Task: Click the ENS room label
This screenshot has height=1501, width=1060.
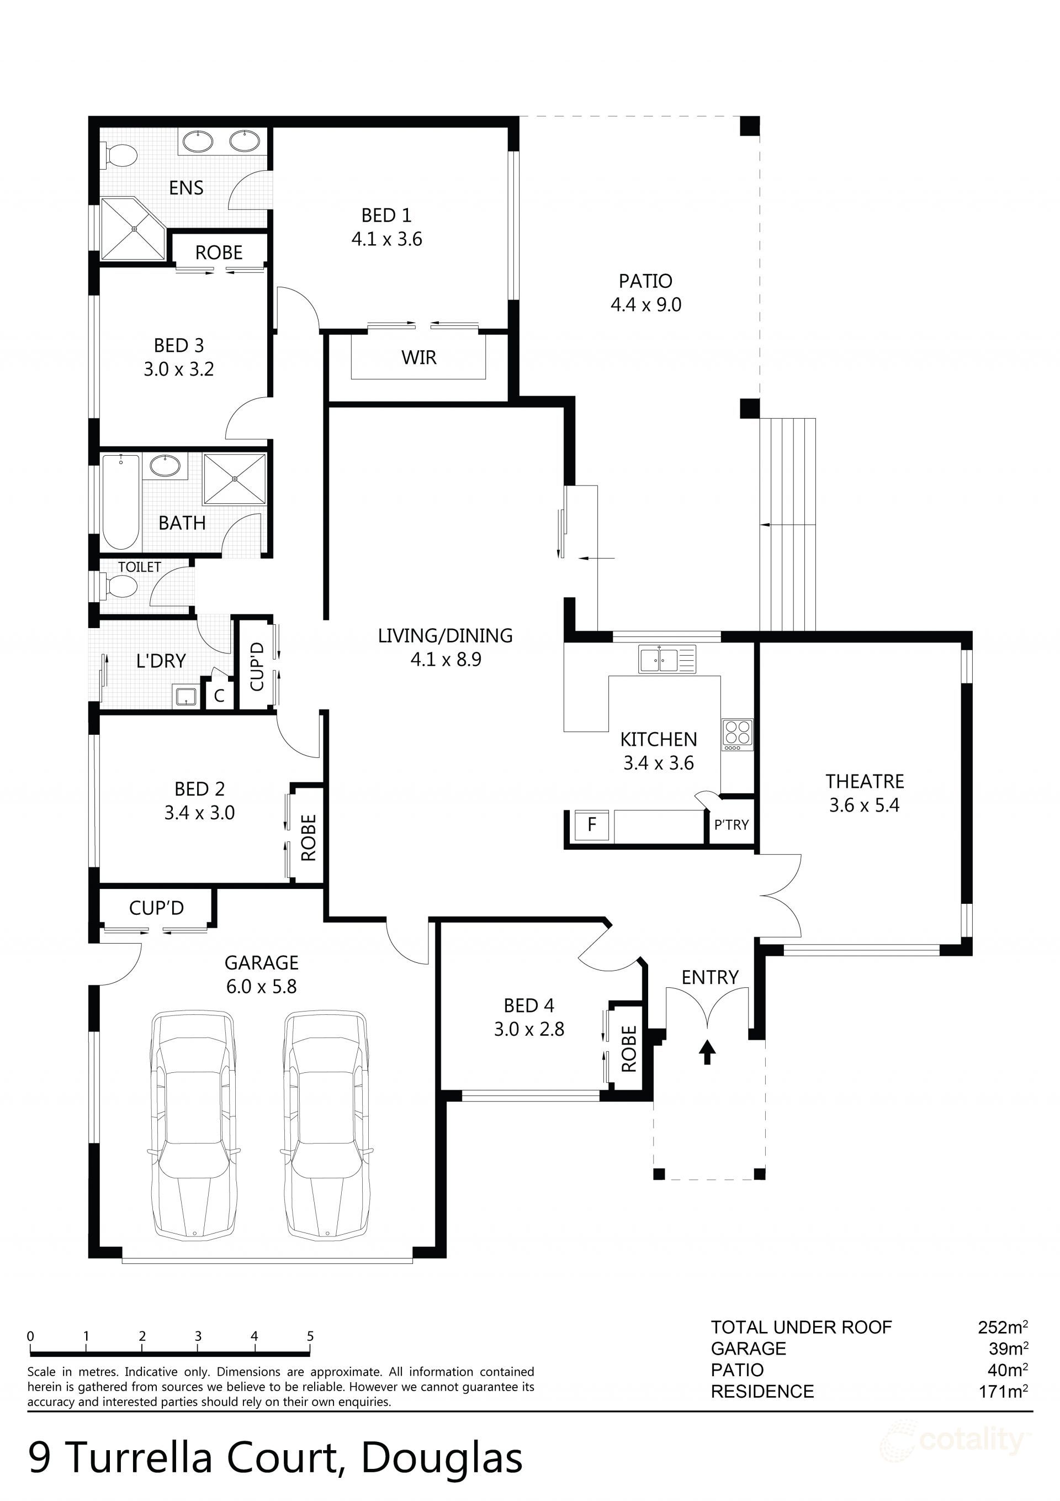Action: pyautogui.click(x=186, y=188)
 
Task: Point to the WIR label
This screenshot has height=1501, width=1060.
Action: pyautogui.click(x=419, y=357)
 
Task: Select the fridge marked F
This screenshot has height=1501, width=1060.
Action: pyautogui.click(x=591, y=824)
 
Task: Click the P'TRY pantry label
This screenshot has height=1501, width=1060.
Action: pyautogui.click(x=732, y=825)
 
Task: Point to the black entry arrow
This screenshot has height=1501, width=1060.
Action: pyautogui.click(x=707, y=1052)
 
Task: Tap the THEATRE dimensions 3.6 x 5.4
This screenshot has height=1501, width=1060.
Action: pyautogui.click(x=864, y=805)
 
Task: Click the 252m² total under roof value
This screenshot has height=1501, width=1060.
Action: pyautogui.click(x=1003, y=1327)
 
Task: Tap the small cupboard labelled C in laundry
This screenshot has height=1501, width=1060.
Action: pyautogui.click(x=220, y=696)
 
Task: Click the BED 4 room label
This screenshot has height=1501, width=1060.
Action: pyautogui.click(x=529, y=1005)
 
